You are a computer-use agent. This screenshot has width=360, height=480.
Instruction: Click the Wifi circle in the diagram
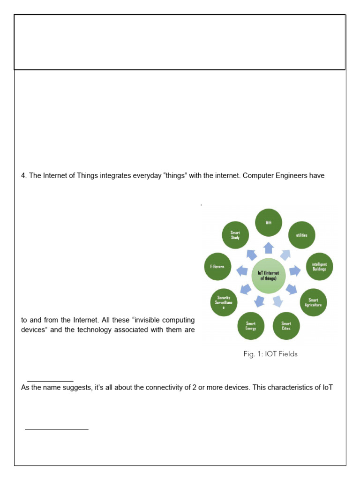click(269, 223)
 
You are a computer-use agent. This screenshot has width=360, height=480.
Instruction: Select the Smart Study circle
click(235, 235)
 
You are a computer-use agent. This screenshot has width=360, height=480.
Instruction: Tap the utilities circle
click(301, 235)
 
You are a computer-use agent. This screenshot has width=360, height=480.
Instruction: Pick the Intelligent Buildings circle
click(319, 267)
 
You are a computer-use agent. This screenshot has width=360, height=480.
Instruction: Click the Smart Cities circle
click(286, 326)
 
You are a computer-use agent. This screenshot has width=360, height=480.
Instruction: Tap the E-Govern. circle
click(217, 267)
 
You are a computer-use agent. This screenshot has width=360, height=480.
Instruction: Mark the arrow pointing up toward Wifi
click(269, 247)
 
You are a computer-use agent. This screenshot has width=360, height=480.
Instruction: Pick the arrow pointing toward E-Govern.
click(242, 270)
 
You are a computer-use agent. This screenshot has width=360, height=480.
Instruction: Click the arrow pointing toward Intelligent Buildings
click(295, 270)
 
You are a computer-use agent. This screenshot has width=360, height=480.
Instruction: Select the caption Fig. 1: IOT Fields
click(270, 354)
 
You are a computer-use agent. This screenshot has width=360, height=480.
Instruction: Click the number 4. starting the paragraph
click(24, 176)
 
